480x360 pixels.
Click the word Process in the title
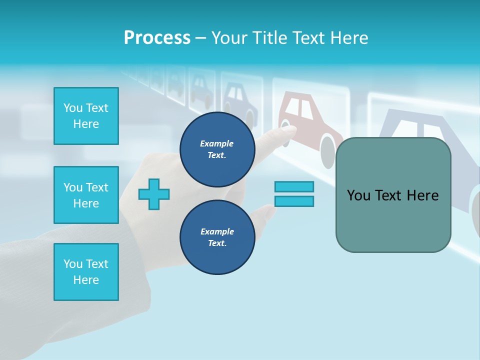157,38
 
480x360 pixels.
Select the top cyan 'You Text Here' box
86,116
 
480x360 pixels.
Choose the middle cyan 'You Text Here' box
86,195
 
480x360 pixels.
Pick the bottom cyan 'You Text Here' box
86,272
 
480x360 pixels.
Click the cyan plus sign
154,194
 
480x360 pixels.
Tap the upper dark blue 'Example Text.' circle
217,149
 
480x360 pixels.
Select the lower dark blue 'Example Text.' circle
217,237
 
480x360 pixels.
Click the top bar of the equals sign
294,186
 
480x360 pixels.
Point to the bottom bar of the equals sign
294,201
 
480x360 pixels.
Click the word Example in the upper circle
217,143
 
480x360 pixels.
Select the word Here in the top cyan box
86,124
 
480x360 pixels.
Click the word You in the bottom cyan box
73,264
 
